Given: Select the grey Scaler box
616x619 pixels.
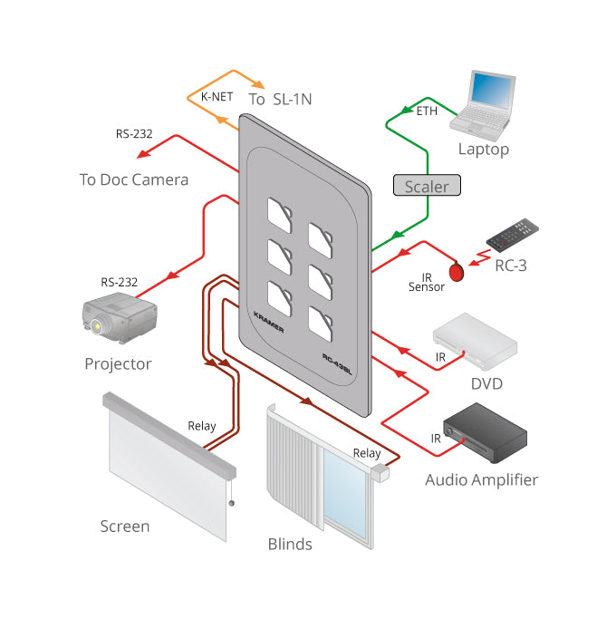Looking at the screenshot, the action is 427,185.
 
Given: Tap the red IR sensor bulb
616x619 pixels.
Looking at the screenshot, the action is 457,272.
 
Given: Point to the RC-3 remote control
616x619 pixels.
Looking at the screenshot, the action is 513,236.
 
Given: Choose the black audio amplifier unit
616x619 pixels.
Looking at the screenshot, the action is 486,432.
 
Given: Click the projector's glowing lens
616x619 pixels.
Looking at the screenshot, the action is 96,326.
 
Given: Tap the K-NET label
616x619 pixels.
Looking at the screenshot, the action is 217,97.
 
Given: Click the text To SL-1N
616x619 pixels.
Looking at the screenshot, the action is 280,99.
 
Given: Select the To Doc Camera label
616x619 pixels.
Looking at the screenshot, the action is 134,179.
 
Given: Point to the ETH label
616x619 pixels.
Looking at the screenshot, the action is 427,111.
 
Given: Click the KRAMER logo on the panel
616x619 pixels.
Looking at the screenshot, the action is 268,322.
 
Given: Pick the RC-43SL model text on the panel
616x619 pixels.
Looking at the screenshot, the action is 337,363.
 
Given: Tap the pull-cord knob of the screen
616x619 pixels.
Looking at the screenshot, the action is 232,503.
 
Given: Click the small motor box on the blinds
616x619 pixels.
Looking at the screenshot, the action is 380,473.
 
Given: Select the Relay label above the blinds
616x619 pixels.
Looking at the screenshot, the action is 367,453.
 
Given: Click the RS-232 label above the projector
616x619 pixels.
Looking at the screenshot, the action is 120,282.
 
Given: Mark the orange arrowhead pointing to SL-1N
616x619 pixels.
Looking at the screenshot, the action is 258,84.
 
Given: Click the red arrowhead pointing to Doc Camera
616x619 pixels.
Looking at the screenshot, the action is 144,153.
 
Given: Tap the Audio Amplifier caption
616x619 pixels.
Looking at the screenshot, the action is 481,480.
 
